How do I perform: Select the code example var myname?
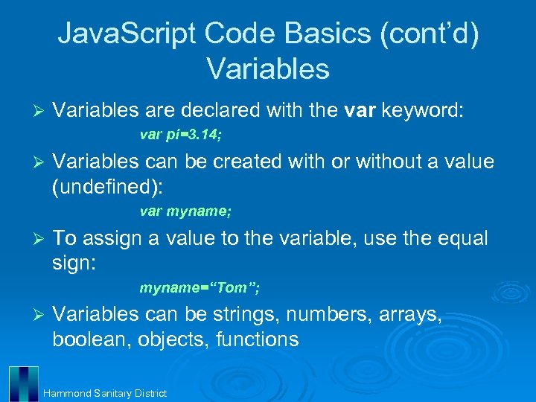point(185,211)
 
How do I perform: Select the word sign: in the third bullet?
point(74,263)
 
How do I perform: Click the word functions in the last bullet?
point(257,339)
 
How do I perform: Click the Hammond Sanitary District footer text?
point(105,393)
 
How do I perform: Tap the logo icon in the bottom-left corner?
point(23,383)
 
